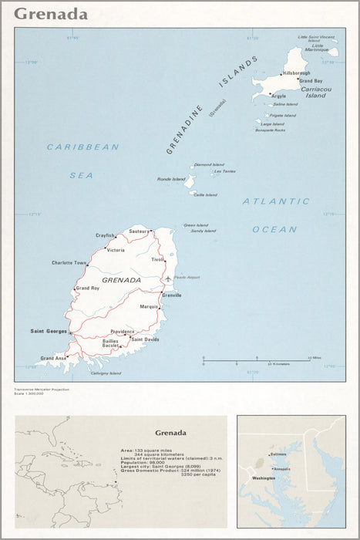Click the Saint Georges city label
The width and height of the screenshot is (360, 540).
point(49,332)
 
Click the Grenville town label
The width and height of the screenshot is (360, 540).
point(172,295)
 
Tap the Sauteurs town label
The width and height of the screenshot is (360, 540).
point(139,231)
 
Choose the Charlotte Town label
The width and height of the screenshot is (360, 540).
point(69,263)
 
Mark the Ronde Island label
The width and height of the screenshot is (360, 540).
point(171,179)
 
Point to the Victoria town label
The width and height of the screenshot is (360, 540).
point(116,250)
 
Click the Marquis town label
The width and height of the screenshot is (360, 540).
point(149,307)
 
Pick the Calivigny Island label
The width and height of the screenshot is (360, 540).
point(106,373)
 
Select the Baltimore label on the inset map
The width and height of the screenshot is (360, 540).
point(278,454)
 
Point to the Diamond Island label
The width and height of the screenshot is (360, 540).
point(209,164)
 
